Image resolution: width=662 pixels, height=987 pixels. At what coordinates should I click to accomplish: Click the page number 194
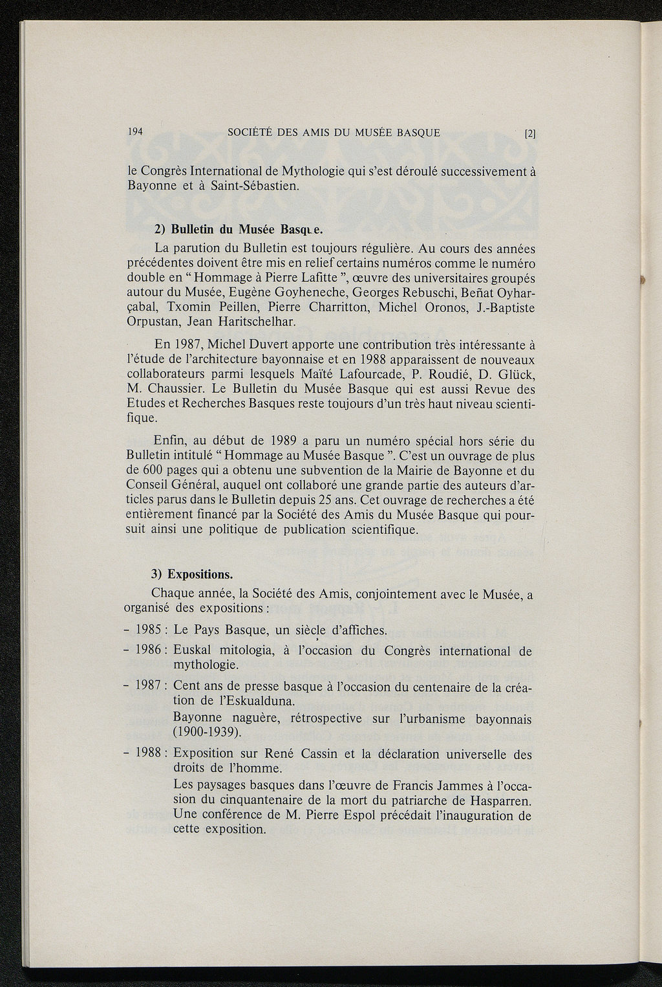135,132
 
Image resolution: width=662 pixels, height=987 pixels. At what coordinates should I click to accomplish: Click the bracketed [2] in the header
530,135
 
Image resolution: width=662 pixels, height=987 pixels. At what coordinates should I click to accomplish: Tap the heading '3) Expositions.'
191,574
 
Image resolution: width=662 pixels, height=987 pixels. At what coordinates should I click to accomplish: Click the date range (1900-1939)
207,733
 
